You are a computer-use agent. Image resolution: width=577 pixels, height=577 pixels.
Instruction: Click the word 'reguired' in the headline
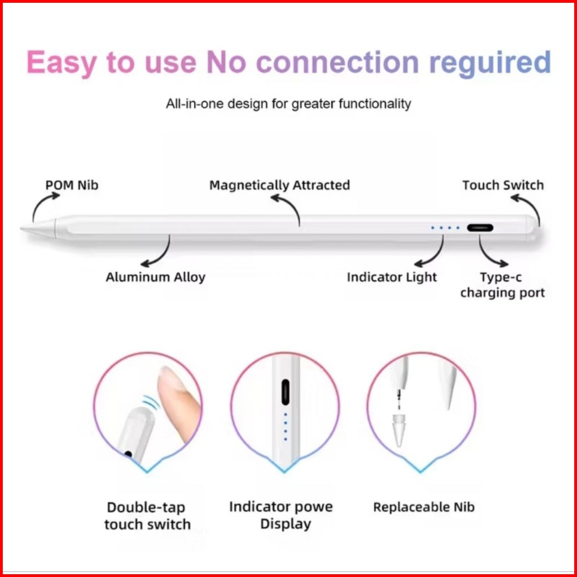489,62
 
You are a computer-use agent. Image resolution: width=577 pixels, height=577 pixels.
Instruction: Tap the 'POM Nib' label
71,185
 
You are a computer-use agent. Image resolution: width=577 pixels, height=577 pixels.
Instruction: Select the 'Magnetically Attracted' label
280,185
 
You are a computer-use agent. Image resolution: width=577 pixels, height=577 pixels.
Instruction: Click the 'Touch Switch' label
503,185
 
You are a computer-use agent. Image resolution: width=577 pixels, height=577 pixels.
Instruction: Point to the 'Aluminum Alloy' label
156,277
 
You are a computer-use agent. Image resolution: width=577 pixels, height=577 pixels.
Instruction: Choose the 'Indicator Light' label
392,277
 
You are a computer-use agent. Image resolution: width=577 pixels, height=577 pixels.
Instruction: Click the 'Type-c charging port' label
502,285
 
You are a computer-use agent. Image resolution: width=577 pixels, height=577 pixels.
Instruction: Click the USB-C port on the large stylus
480,228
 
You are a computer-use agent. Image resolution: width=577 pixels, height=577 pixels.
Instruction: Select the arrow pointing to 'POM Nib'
42,206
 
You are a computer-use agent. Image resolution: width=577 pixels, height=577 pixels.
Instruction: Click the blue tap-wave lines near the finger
150,403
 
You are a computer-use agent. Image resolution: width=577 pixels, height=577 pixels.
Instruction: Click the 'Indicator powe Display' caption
281,515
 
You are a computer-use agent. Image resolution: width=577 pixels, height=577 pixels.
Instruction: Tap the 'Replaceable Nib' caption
424,507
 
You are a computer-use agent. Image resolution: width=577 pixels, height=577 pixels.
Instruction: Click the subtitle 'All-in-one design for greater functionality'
288,103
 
